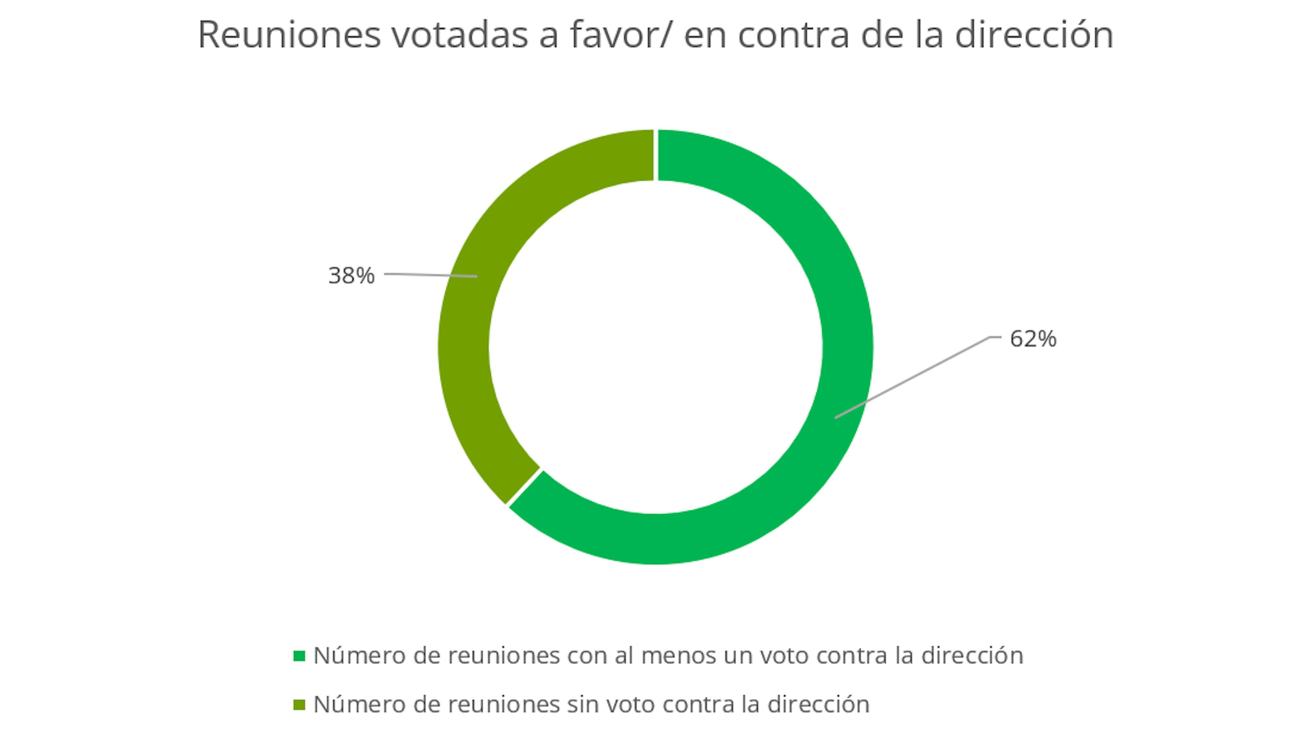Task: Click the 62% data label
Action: (1033, 339)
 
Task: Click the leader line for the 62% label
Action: (913, 378)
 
